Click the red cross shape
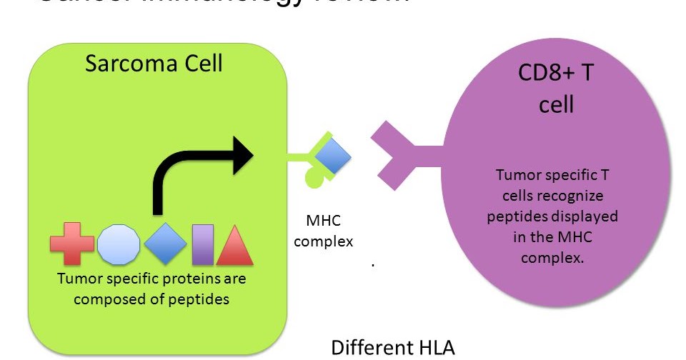[x=71, y=244]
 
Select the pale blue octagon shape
[x=119, y=244]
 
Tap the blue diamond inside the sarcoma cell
[x=166, y=244]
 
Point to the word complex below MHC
[x=323, y=241]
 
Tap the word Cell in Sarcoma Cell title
[x=201, y=63]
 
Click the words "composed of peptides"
[x=151, y=299]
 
